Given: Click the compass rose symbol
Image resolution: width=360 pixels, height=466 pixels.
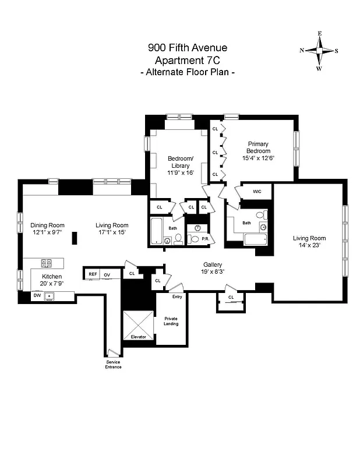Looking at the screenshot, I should pyautogui.click(x=319, y=51).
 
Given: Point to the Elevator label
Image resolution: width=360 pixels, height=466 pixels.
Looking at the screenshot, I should pyautogui.click(x=139, y=337).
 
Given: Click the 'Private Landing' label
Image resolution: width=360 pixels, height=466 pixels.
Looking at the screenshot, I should pyautogui.click(x=171, y=321).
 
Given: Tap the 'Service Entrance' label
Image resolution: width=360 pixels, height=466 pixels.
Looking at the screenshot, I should pyautogui.click(x=113, y=364).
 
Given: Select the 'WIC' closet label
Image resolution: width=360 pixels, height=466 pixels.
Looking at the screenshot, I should pyautogui.click(x=257, y=192).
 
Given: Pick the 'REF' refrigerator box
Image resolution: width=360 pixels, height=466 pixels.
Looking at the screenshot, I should pyautogui.click(x=93, y=274).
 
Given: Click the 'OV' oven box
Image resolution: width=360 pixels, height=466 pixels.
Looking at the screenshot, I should pyautogui.click(x=107, y=274).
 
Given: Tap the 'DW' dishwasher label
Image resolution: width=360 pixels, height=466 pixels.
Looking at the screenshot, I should pyautogui.click(x=38, y=295).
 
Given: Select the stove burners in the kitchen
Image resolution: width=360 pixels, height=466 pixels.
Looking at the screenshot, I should pyautogui.click(x=47, y=263).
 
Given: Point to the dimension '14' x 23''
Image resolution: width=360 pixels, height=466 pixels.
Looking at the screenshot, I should pyautogui.click(x=309, y=245).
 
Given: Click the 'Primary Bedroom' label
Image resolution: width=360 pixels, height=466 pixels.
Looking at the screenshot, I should pyautogui.click(x=258, y=147).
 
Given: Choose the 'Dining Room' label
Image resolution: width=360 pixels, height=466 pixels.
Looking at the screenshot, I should pyautogui.click(x=48, y=225).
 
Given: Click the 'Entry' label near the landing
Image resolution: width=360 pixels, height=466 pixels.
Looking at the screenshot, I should pyautogui.click(x=177, y=297).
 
